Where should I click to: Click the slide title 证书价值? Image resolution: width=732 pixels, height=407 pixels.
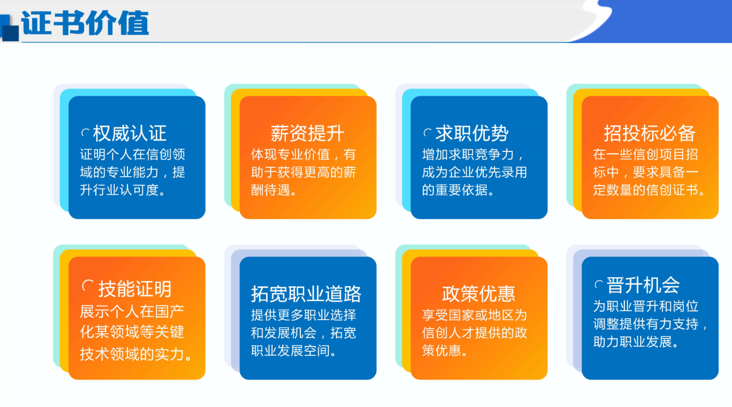click(x=85, y=23)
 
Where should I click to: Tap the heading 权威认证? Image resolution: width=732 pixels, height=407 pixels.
click(x=130, y=133)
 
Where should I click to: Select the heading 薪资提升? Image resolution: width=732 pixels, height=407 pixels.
click(x=307, y=133)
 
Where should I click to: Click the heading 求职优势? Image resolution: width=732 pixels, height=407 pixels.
click(x=472, y=133)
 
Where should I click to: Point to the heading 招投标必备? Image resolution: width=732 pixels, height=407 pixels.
click(x=650, y=133)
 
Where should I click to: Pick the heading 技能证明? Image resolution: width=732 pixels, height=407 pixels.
click(x=135, y=289)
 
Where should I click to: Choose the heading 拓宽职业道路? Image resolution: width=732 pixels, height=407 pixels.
click(x=306, y=294)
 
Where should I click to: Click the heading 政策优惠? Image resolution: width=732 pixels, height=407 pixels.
click(x=479, y=294)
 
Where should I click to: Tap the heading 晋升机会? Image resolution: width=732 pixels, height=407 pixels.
click(x=643, y=285)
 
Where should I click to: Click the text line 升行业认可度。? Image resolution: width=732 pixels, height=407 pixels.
click(x=123, y=190)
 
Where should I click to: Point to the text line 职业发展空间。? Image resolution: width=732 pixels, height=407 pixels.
click(x=294, y=351)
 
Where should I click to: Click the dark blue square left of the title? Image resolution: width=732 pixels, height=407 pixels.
click(x=10, y=33)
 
